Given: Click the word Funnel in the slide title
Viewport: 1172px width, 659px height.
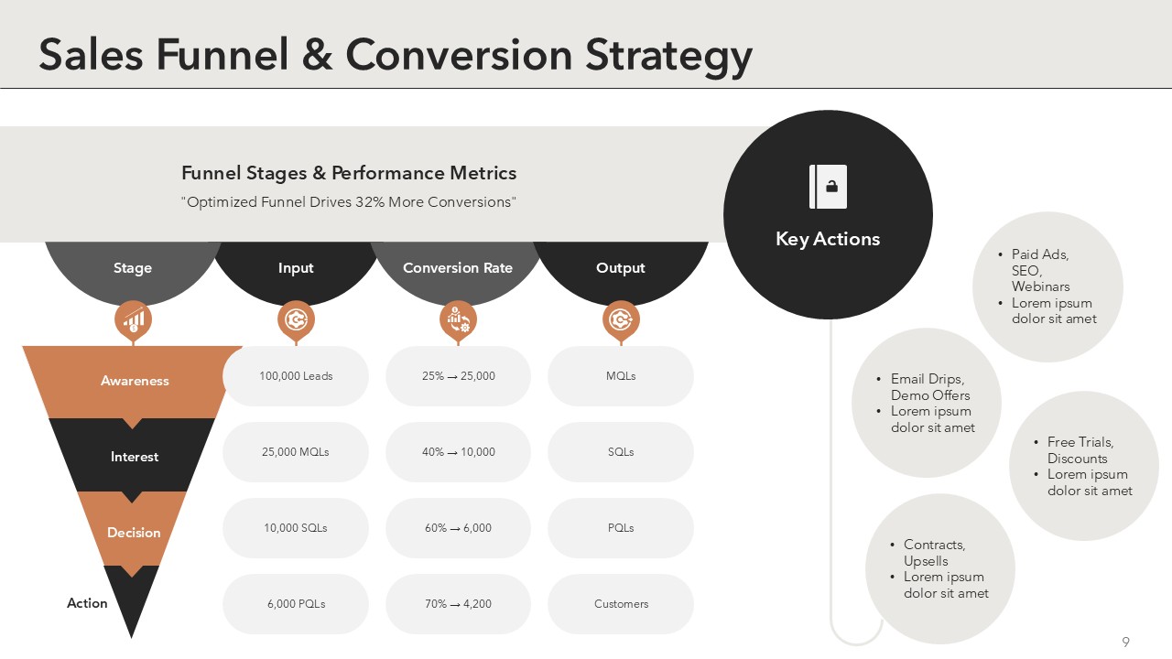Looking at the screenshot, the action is pos(222,54).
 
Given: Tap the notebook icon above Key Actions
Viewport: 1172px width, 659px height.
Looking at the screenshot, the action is pos(828,187).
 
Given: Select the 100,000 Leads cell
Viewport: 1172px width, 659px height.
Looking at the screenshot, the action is pos(296,376).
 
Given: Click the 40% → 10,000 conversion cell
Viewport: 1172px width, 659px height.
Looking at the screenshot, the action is pos(459,452).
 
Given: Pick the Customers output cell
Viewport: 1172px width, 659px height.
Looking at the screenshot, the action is pos(621,604).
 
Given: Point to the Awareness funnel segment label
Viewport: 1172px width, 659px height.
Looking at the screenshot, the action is pos(135,381).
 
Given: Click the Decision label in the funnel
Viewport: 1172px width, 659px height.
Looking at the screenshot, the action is pos(134,533).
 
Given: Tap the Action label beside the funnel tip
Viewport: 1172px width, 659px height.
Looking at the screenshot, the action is pos(87,603).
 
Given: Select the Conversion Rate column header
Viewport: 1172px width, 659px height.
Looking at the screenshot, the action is pos(458,268).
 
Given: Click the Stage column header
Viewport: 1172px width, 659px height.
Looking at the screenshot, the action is pos(133,268).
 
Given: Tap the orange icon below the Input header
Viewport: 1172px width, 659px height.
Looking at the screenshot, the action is pos(296,319).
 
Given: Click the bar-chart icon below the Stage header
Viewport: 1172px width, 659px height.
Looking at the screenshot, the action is pos(134,319).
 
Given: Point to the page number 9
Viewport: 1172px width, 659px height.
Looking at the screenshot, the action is pos(1125,642).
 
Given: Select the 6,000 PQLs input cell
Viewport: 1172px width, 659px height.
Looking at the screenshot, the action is pos(296,604).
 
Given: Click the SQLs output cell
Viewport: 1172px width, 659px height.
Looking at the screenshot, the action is pos(621,452).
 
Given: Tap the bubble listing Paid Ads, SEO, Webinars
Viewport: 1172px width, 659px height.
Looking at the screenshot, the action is pos(1048,286).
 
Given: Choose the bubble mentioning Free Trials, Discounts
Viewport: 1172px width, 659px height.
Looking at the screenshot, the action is pos(1084,466).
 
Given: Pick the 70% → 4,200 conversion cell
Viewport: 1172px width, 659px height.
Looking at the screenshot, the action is pos(459,604).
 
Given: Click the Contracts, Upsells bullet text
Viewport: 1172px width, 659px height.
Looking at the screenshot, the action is pos(935,553).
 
